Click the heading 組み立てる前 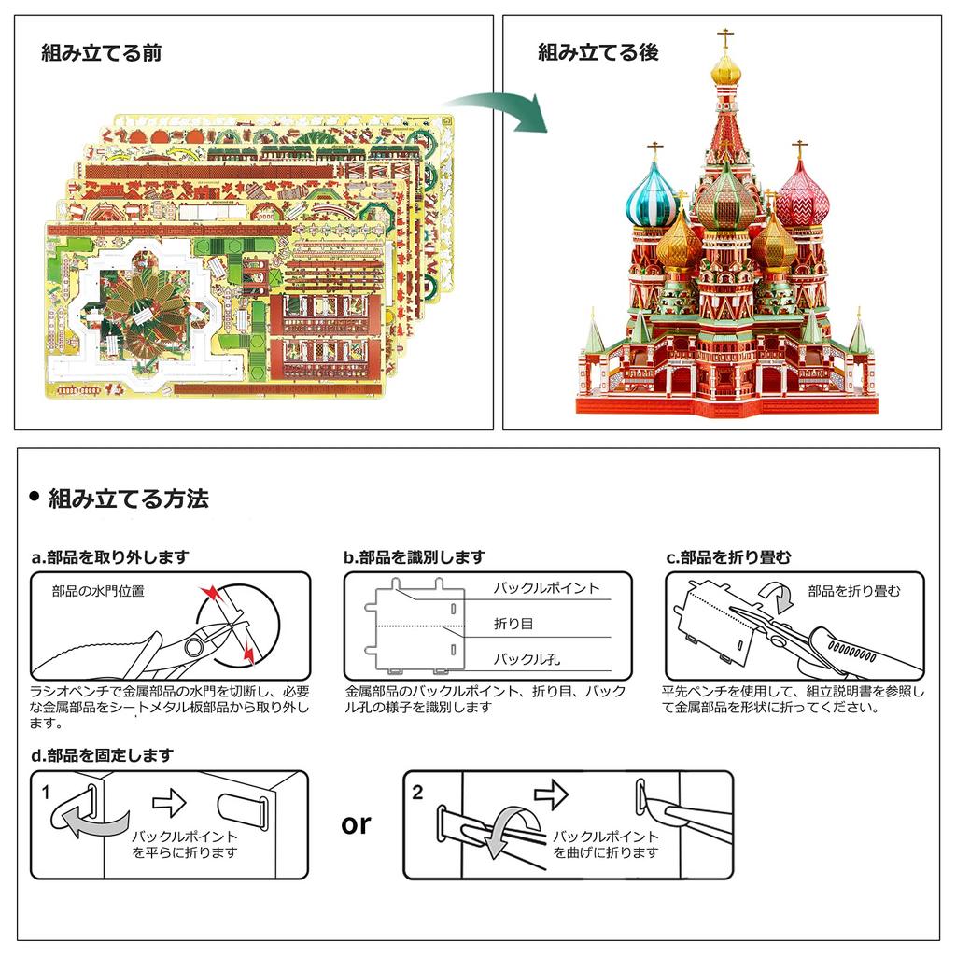coord(102,52)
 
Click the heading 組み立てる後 coord(598,52)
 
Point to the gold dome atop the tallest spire coord(725,68)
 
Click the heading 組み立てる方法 coord(128,499)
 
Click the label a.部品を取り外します coord(110,557)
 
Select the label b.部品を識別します coord(415,557)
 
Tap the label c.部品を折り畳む coord(728,557)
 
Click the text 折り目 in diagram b coord(513,623)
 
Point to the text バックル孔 coord(527,660)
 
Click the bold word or coord(356,823)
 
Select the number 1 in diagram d coord(46,791)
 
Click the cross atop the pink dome coord(799,149)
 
